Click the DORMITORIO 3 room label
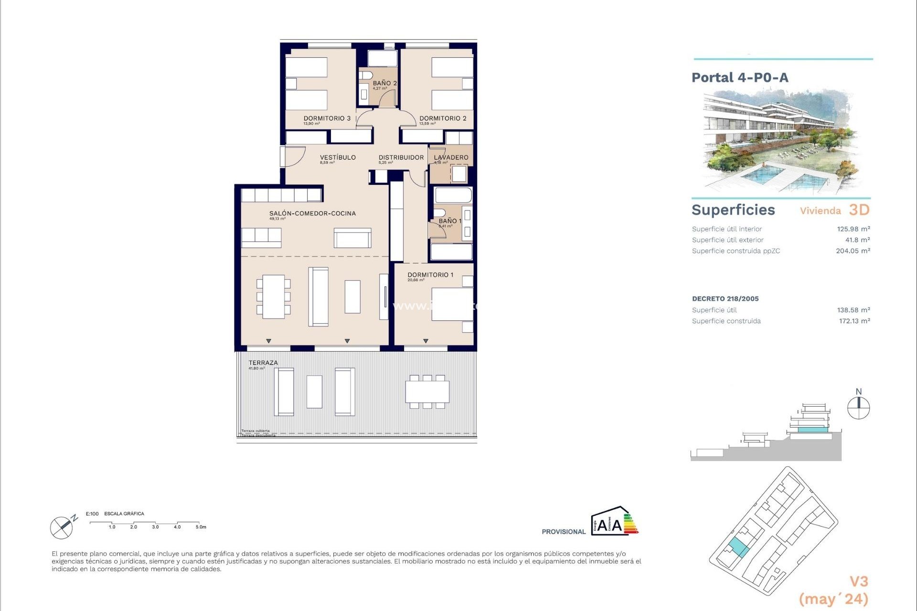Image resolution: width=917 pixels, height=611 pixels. pyautogui.click(x=327, y=118)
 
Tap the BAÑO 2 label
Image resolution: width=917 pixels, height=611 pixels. pyautogui.click(x=384, y=83)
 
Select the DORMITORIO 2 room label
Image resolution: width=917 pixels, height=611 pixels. pyautogui.click(x=443, y=118)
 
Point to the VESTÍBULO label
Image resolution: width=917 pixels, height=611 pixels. pyautogui.click(x=338, y=158)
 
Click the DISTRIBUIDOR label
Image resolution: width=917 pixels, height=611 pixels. pyautogui.click(x=401, y=158)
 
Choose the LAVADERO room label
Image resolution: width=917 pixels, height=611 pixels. pyautogui.click(x=451, y=158)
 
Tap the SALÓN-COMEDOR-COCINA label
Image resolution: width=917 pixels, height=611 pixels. pyautogui.click(x=312, y=213)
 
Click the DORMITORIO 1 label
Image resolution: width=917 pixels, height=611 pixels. pyautogui.click(x=430, y=275)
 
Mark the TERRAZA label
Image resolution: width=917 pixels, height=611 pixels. pyautogui.click(x=263, y=363)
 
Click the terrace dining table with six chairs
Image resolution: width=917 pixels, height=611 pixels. pyautogui.click(x=427, y=392)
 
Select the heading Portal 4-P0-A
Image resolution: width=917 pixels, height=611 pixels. pyautogui.click(x=740, y=77)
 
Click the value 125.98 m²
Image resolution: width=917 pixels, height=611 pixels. pyautogui.click(x=853, y=229)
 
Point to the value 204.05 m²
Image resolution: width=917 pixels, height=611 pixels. pyautogui.click(x=853, y=251)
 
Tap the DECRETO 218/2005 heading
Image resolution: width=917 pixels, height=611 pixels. pyautogui.click(x=725, y=299)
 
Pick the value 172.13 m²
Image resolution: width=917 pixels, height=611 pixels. pyautogui.click(x=854, y=321)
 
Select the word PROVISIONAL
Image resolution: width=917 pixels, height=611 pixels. pyautogui.click(x=563, y=532)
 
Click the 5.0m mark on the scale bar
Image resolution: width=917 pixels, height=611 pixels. pyautogui.click(x=201, y=527)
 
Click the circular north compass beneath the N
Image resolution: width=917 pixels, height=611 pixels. pyautogui.click(x=858, y=409)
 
